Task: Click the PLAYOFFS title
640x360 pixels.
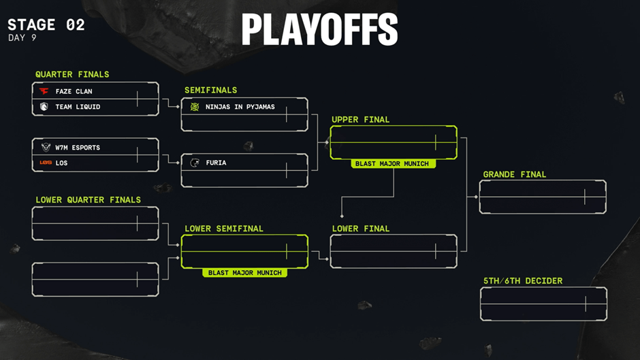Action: point(319,30)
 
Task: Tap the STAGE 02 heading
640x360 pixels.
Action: point(46,24)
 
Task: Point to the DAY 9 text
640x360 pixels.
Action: point(22,38)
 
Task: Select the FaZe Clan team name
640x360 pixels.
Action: point(74,91)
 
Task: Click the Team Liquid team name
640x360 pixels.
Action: point(78,107)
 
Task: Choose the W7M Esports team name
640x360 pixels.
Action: point(78,148)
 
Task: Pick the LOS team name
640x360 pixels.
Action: point(61,163)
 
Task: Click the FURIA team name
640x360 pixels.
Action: point(215,163)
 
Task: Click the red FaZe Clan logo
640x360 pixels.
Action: point(44,91)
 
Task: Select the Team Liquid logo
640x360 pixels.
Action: point(44,107)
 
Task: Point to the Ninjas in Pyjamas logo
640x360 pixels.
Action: point(195,107)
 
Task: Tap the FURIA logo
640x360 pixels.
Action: point(195,163)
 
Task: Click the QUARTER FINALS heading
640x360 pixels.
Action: point(72,74)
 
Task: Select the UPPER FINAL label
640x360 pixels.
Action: point(360,120)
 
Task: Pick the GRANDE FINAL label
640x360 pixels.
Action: point(514,175)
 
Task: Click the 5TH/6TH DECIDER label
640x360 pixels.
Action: point(522,281)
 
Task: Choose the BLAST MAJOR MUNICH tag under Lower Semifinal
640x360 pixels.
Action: point(244,273)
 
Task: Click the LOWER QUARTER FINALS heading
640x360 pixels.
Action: point(88,200)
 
